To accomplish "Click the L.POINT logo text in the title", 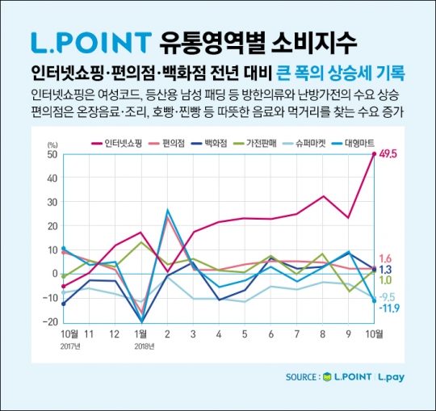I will click(89, 40).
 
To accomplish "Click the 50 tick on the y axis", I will click(51, 153).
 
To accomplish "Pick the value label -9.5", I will click(389, 296).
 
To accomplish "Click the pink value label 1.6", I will click(386, 258).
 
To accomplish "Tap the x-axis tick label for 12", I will click(115, 333).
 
